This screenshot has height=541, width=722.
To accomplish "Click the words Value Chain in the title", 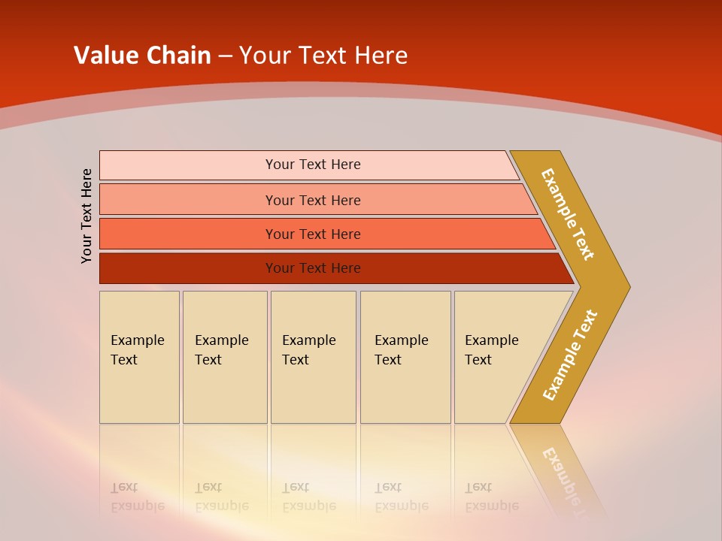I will [x=142, y=55].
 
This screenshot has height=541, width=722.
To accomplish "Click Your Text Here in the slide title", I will [x=323, y=55].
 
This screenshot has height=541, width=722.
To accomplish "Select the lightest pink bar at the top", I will [x=188, y=165].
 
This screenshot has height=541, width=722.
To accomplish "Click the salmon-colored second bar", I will [x=188, y=200].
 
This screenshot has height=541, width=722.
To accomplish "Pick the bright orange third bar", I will [x=188, y=234].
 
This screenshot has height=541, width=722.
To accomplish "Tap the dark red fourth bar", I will [x=188, y=268].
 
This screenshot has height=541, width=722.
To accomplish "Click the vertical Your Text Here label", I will [x=87, y=216].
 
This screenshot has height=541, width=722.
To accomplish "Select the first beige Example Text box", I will [x=139, y=357].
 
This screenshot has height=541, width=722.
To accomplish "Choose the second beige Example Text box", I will [x=224, y=357].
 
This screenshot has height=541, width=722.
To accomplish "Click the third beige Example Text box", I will [x=313, y=357].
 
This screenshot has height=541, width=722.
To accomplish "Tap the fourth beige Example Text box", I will [x=405, y=357].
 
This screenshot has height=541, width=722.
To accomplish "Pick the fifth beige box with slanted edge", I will [x=496, y=357].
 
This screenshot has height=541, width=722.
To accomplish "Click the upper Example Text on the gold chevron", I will [x=568, y=214].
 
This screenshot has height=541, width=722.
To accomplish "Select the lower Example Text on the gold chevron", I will [x=570, y=355].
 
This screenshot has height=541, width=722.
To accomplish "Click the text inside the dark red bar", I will [x=313, y=268].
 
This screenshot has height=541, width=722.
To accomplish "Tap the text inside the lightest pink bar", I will [x=313, y=165].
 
